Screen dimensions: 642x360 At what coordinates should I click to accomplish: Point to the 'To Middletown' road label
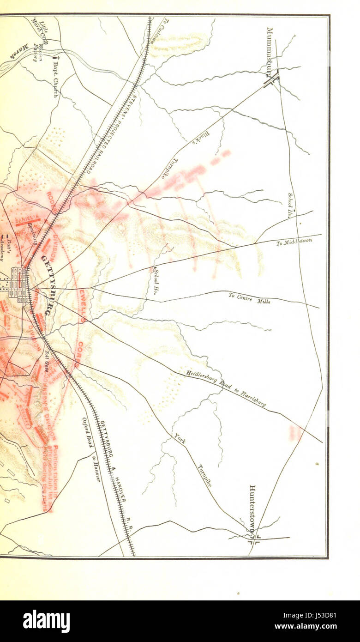click(x=294, y=241)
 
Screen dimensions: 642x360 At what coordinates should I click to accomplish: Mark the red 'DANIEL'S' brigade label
click(x=29, y=222)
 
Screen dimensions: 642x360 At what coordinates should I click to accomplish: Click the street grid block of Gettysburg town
click(x=19, y=284)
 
